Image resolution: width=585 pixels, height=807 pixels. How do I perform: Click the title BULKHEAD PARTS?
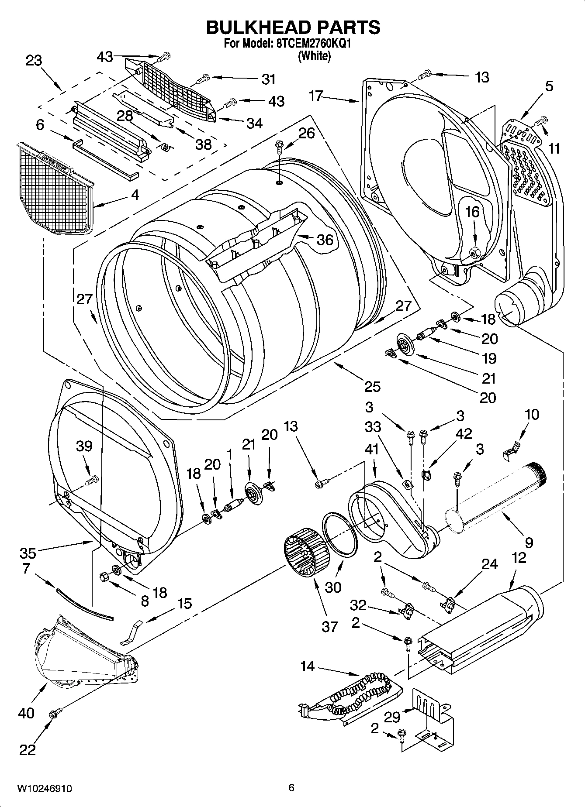click(x=292, y=27)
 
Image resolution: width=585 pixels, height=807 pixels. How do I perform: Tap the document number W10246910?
click(x=44, y=788)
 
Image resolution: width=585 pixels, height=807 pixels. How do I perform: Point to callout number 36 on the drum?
click(x=325, y=240)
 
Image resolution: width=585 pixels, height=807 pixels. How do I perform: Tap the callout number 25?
click(x=372, y=386)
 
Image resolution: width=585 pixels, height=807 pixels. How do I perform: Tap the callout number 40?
click(x=26, y=713)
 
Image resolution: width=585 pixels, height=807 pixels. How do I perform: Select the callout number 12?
click(x=519, y=557)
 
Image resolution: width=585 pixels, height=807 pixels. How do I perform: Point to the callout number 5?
click(x=549, y=86)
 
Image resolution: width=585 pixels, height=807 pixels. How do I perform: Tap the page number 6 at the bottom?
click(x=291, y=787)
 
